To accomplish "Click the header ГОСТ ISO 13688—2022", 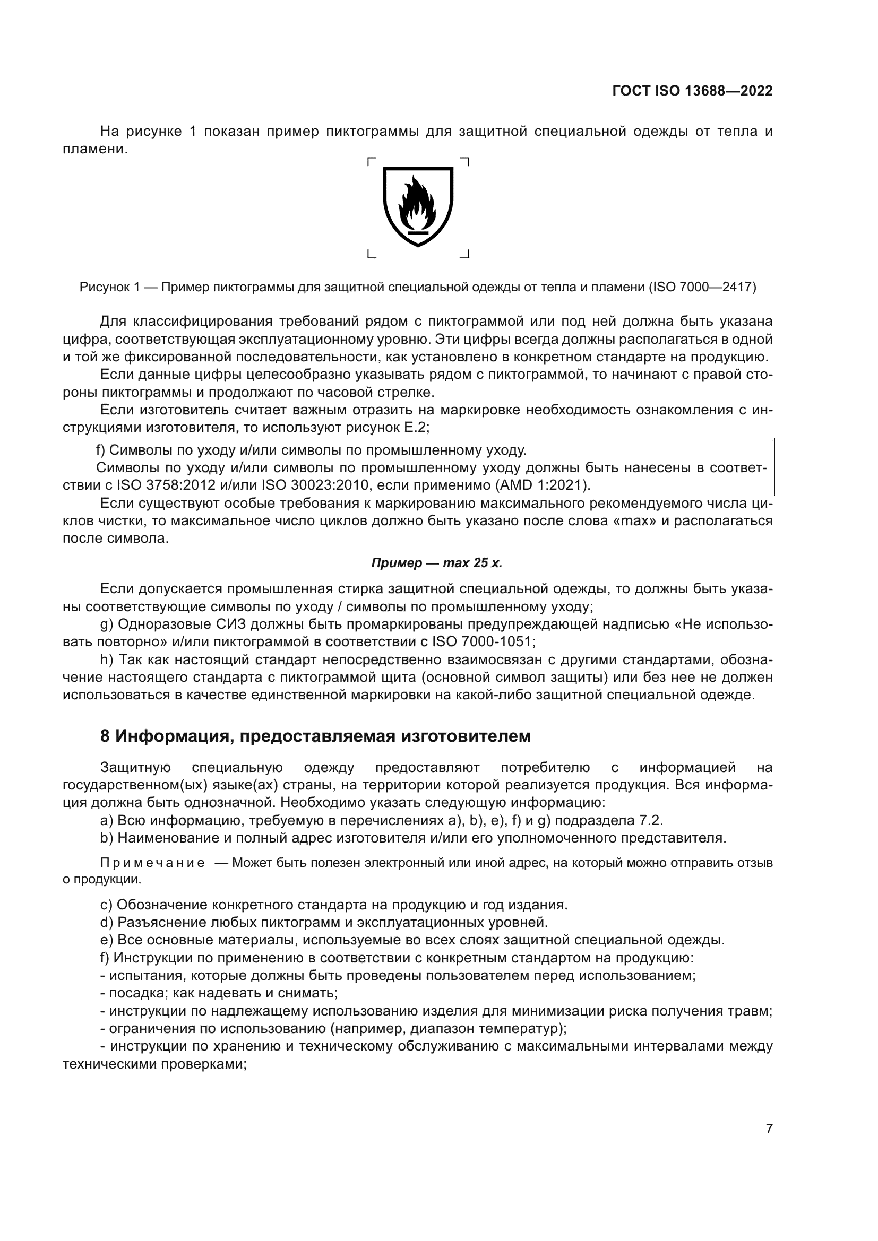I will (692, 91).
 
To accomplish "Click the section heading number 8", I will (105, 736).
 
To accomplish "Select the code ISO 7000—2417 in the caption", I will (702, 287).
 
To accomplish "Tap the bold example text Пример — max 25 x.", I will (436, 563).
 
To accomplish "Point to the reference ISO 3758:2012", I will (169, 485).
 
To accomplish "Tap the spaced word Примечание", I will (152, 863).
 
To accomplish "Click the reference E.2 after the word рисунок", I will (416, 428).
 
